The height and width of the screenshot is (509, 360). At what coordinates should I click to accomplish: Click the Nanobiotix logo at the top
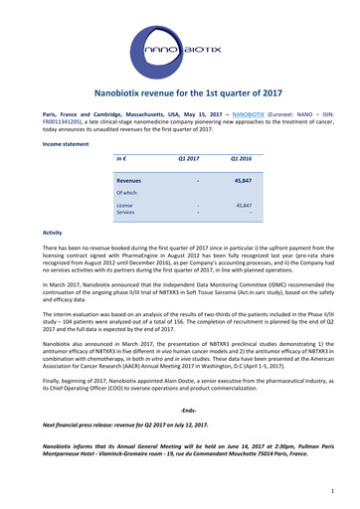(180, 47)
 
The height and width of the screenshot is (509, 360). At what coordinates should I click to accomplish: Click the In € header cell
(121, 159)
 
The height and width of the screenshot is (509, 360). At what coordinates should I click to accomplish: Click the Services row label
(126, 212)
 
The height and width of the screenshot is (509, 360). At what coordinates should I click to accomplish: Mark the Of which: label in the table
(127, 193)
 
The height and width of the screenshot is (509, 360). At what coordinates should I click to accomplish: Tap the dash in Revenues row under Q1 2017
(198, 182)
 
